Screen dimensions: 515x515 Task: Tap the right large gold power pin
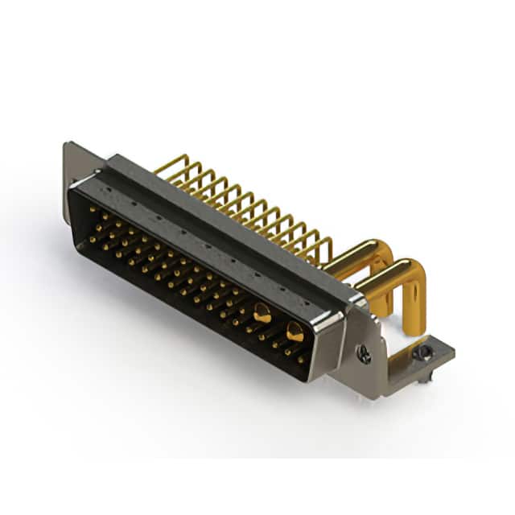(x=295, y=331)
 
